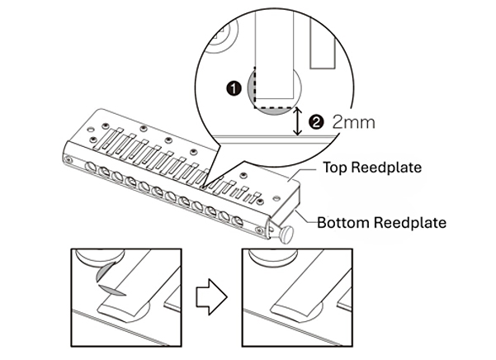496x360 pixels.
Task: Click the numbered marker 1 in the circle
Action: point(234,88)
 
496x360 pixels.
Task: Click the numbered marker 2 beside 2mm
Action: point(316,122)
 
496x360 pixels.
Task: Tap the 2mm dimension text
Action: point(354,122)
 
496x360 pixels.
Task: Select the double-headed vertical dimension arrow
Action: point(297,121)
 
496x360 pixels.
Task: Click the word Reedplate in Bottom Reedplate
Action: point(409,222)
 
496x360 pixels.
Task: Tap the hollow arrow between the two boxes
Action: point(211,296)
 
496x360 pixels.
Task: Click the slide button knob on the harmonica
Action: point(286,235)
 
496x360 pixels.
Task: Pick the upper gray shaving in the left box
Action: point(103,272)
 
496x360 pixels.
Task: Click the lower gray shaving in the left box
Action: point(112,290)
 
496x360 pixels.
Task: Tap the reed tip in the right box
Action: point(293,309)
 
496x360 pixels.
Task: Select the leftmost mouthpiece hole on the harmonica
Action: point(91,166)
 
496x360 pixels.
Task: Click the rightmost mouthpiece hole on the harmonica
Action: point(237,220)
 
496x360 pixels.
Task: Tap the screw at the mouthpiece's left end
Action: point(68,159)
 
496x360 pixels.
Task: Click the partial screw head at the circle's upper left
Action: point(221,38)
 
